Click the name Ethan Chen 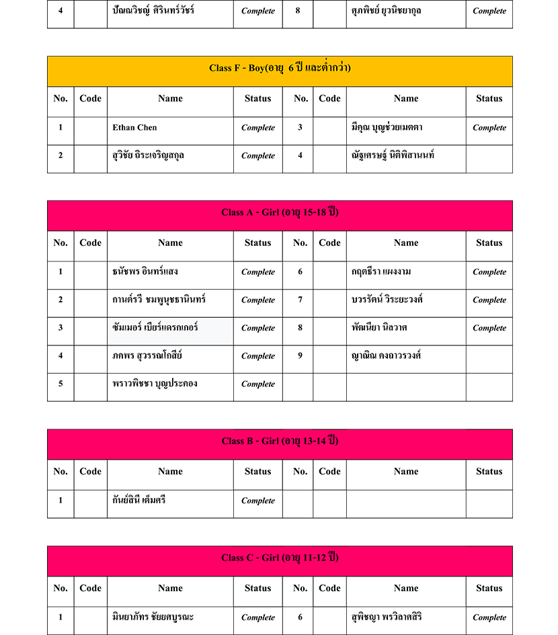point(135,128)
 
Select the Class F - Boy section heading point(280,69)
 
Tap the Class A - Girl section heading point(280,212)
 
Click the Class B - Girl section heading point(280,441)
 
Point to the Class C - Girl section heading point(280,558)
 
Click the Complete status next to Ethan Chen point(258,128)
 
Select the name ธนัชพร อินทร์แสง point(145,271)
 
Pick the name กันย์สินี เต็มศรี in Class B point(139,500)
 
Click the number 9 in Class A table point(300,355)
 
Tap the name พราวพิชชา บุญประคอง point(155,384)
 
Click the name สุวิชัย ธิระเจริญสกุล point(149,155)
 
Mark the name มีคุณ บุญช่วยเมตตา point(387,127)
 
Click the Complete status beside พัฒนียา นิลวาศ point(489,328)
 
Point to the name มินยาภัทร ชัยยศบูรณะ point(154,617)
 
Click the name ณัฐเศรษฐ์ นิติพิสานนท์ point(393,155)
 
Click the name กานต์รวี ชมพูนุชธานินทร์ point(159,300)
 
